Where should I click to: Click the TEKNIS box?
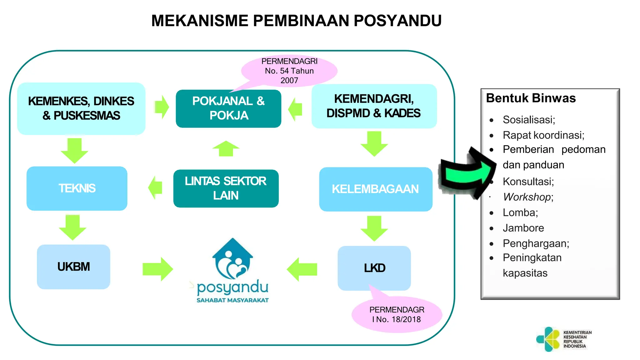[x=77, y=188]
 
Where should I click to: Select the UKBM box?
[x=74, y=267]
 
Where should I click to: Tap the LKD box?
[x=374, y=268]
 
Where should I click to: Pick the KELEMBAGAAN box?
[x=376, y=189]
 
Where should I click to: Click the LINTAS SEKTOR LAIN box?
[x=226, y=188]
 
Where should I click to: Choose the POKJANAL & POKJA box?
[x=228, y=108]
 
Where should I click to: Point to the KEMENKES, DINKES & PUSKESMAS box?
[x=81, y=108]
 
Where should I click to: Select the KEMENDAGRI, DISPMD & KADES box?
[x=374, y=106]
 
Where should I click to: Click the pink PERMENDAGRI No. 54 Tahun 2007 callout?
[x=289, y=71]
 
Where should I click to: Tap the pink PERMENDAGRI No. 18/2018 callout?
[x=397, y=314]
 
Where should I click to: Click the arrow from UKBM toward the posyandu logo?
[x=157, y=269]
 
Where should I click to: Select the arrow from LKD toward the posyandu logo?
[x=302, y=269]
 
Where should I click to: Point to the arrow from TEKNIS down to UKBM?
[x=73, y=227]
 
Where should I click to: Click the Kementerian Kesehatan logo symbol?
[x=548, y=339]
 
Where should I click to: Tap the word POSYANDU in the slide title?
[x=397, y=21]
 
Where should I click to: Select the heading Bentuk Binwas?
[x=531, y=98]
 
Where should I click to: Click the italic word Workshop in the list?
[x=527, y=197]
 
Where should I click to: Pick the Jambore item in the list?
[x=523, y=228]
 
